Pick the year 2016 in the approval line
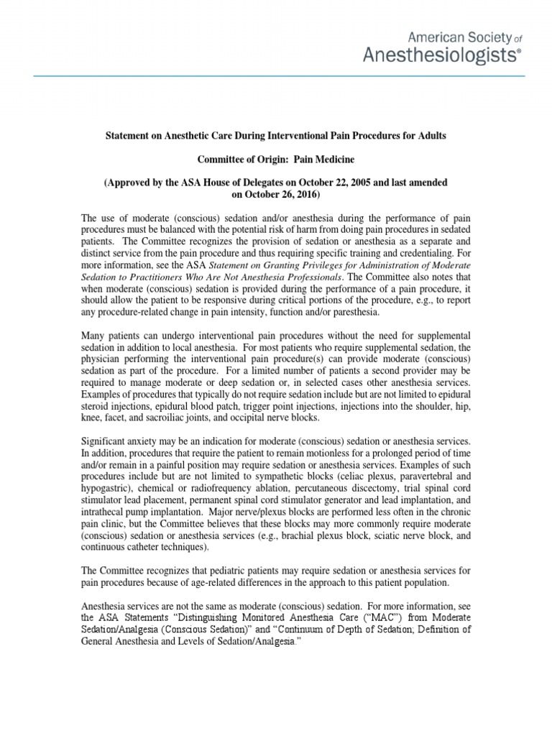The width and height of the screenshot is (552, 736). pos(304,194)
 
